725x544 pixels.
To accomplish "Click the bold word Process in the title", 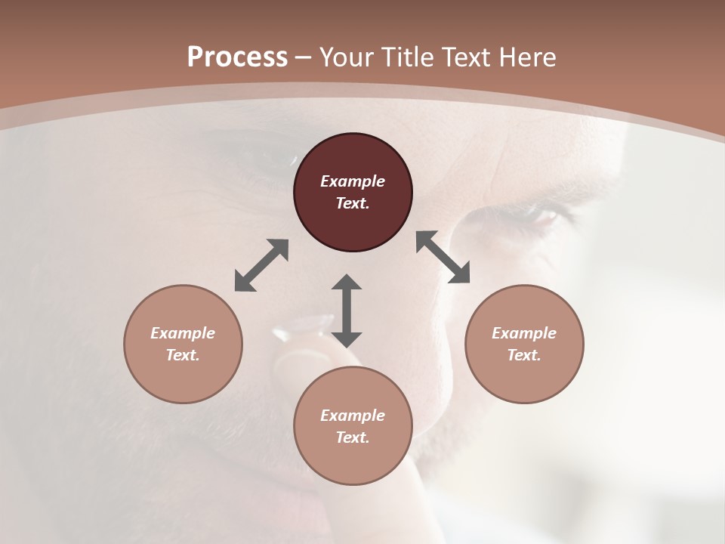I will click(237, 57).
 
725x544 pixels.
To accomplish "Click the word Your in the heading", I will click(344, 57).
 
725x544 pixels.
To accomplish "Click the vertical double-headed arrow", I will click(347, 311).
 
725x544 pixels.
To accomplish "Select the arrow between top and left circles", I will click(261, 265).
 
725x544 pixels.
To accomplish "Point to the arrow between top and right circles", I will click(443, 257).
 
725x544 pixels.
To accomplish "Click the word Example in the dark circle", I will click(353, 181).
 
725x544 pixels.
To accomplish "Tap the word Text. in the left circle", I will click(183, 355).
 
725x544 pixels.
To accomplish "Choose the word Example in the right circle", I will click(524, 333).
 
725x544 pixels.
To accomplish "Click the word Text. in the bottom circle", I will click(353, 437).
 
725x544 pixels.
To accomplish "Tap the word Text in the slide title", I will click(468, 57).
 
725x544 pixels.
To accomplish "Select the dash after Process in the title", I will click(304, 57).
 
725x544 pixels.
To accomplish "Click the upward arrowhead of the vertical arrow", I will click(347, 283).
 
